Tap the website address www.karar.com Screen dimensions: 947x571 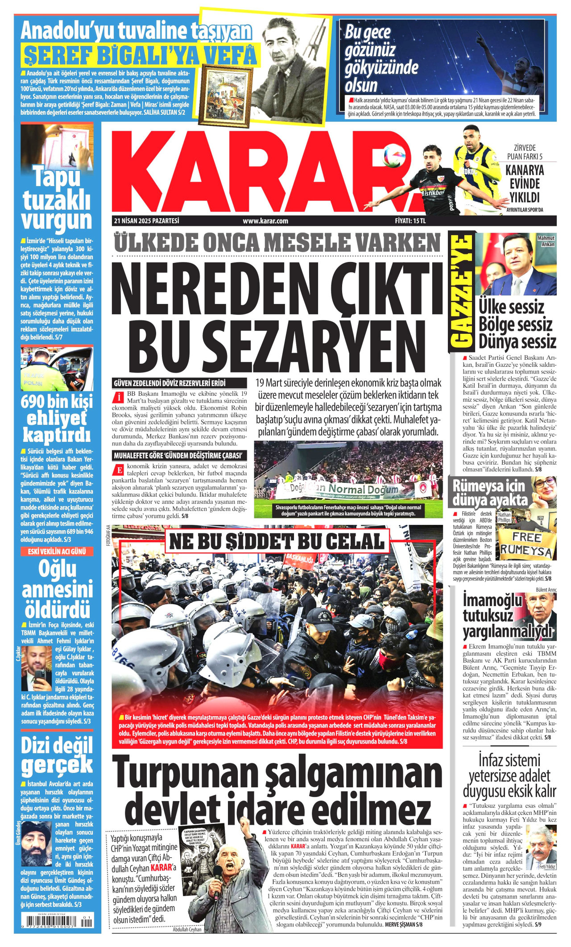point(265,220)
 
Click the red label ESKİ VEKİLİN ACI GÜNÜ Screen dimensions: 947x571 point(57,552)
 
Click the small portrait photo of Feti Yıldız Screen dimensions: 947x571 point(541,851)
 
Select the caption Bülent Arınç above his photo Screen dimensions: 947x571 point(546,590)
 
